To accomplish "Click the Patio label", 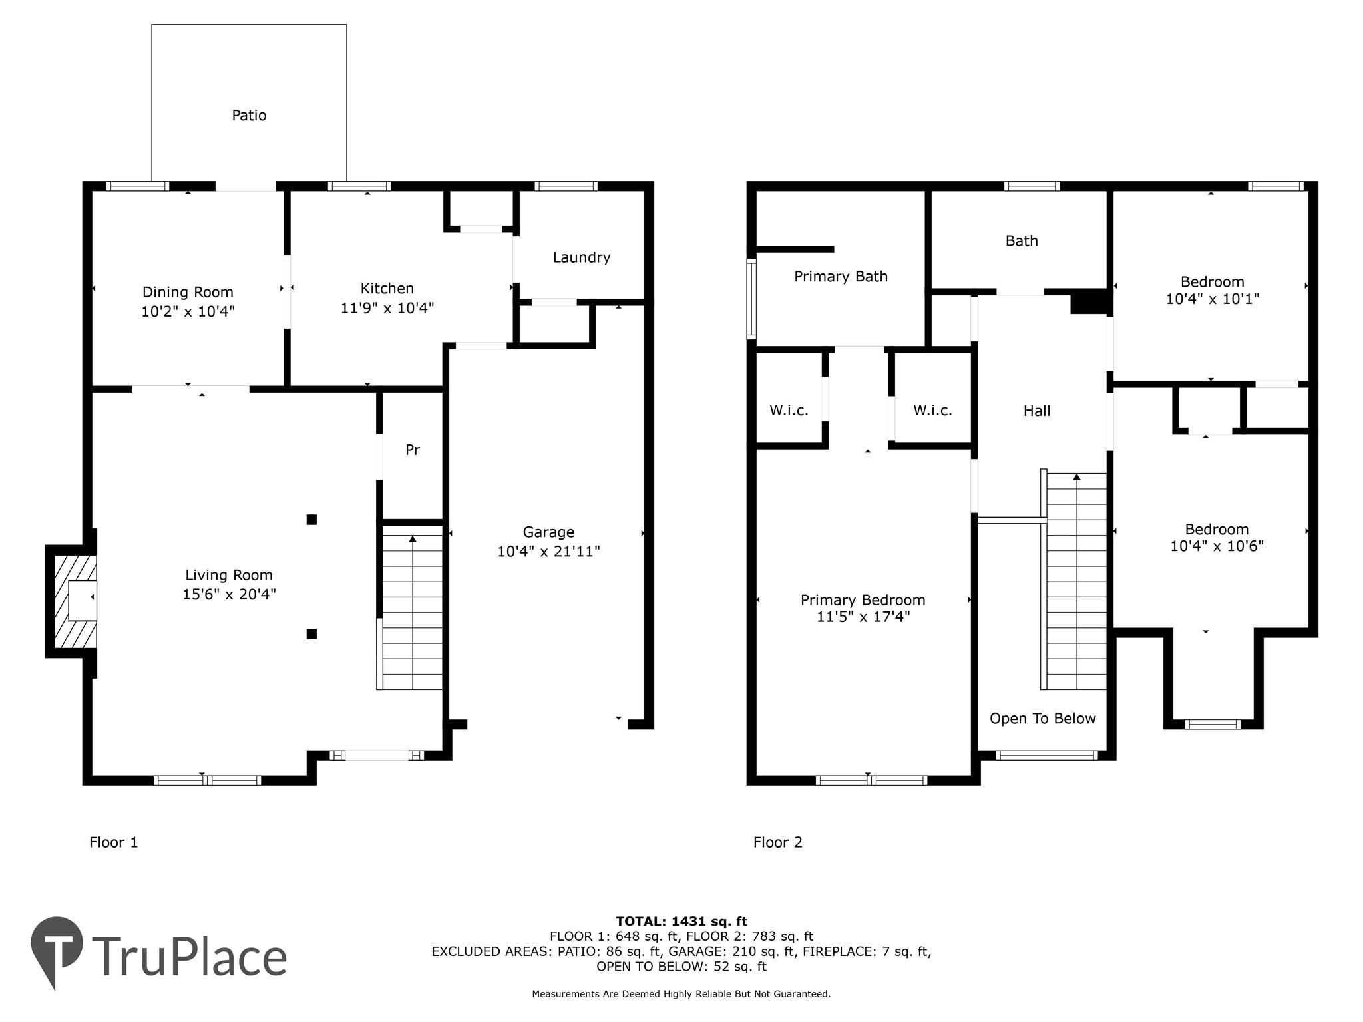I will [x=249, y=116].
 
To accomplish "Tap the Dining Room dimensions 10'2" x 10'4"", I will [x=188, y=311].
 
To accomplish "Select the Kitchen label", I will [x=387, y=288].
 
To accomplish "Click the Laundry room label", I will [x=581, y=257].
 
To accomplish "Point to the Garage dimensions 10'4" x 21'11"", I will [x=548, y=552].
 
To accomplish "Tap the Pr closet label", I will [x=412, y=450].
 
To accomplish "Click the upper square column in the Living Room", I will [x=311, y=520].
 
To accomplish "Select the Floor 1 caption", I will [x=113, y=842].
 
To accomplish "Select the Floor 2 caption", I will [x=777, y=842].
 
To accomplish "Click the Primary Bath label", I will [x=841, y=277].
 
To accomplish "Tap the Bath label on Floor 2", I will [x=1021, y=241].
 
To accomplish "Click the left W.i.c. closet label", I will [x=789, y=411].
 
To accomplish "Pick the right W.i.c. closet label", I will [x=932, y=411].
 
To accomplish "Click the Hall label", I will [x=1036, y=411].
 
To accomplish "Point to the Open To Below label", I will [x=1042, y=719].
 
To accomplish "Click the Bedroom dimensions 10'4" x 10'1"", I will [x=1212, y=299].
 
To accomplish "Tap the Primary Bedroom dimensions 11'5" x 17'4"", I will [x=863, y=617].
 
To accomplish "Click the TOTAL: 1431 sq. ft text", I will [x=681, y=922].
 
